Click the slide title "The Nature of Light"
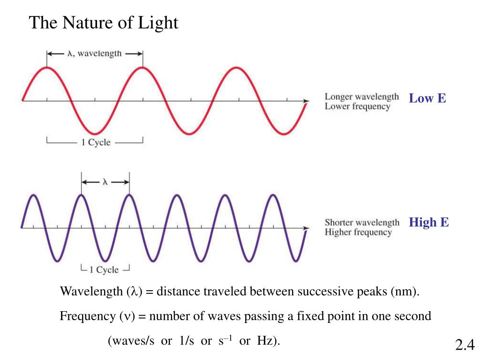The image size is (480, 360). pyautogui.click(x=104, y=22)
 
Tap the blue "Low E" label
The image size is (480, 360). pyautogui.click(x=427, y=98)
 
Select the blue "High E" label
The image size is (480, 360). pyautogui.click(x=428, y=222)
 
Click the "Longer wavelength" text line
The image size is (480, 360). pyautogui.click(x=361, y=97)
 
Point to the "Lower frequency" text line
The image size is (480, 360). pyautogui.click(x=357, y=106)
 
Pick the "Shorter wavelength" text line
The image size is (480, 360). pyautogui.click(x=362, y=222)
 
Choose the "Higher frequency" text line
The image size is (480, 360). pyautogui.click(x=358, y=232)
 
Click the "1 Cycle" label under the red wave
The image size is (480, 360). pyautogui.click(x=96, y=142)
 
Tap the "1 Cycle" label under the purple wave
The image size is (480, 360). pyautogui.click(x=104, y=270)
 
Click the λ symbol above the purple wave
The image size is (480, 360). pyautogui.click(x=105, y=182)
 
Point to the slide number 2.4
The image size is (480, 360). pyautogui.click(x=465, y=345)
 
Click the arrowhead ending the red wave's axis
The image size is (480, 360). pyautogui.click(x=307, y=100)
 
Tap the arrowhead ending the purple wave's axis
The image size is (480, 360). pyautogui.click(x=307, y=229)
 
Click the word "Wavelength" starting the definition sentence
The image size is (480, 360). pyautogui.click(x=91, y=292)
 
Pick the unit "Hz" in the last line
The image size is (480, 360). pyautogui.click(x=265, y=341)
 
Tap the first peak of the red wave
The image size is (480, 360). pyautogui.click(x=47, y=68)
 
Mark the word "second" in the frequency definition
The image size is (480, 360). pyautogui.click(x=412, y=316)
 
